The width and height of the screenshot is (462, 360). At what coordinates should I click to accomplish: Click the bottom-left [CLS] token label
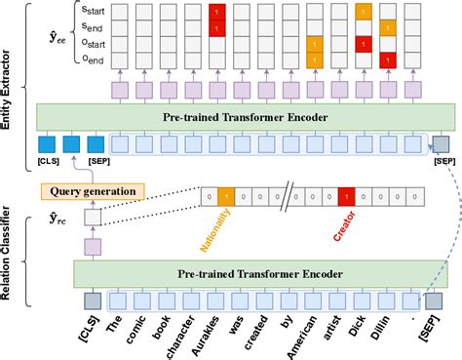pos(93,335)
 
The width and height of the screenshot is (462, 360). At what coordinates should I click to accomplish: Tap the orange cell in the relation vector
pos(226,196)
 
